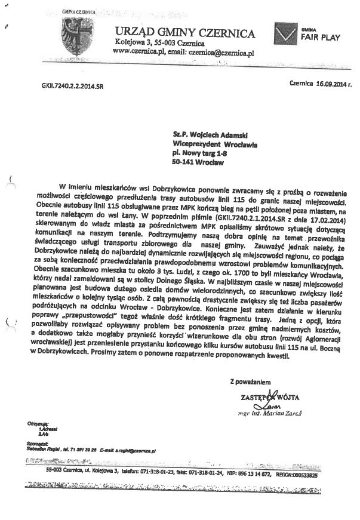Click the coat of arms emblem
pos(77,37)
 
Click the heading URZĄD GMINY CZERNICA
pos(186,33)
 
